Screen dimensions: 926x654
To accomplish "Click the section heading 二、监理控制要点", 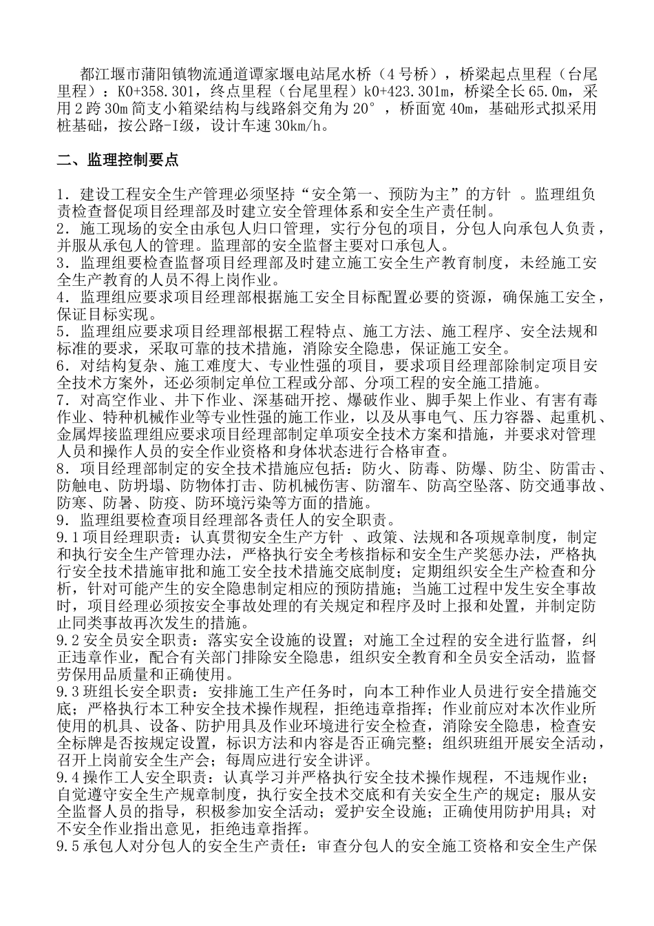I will pyautogui.click(x=118, y=161).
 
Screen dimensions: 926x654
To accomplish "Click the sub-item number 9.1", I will pyautogui.click(x=68, y=537).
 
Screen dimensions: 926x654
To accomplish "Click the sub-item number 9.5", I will pyautogui.click(x=68, y=845).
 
